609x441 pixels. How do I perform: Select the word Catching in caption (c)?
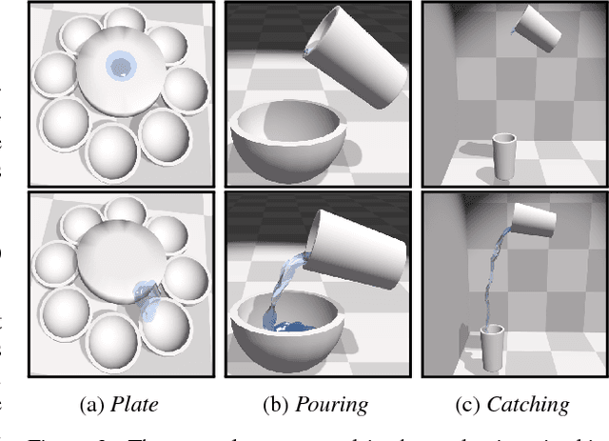[x=527, y=405]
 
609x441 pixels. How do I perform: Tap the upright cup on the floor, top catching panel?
[x=504, y=156]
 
